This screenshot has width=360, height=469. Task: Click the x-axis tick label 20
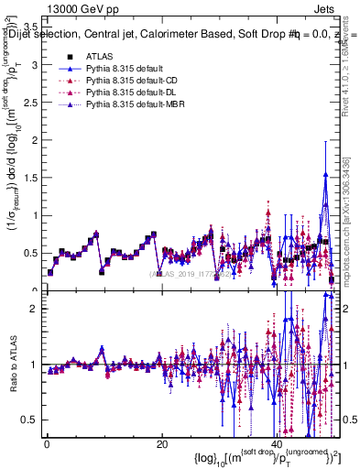(x=161, y=444)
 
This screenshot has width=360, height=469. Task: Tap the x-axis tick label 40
(x=276, y=444)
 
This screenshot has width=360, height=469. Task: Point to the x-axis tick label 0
(x=47, y=444)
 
